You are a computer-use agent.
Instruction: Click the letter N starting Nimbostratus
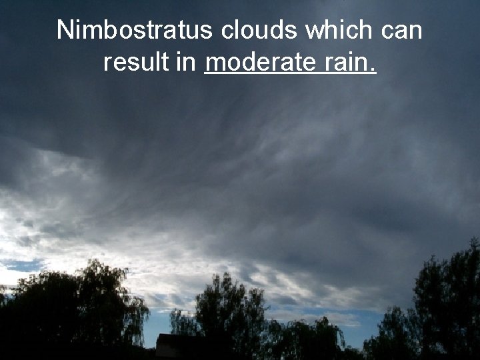pyautogui.click(x=65, y=30)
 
